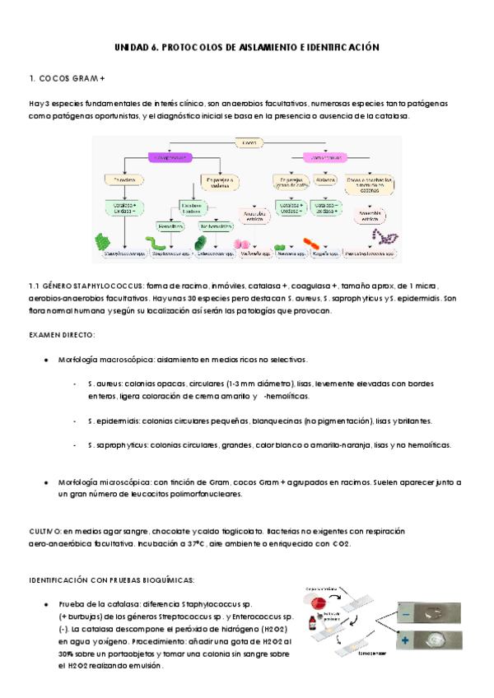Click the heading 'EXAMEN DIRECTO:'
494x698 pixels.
point(63,336)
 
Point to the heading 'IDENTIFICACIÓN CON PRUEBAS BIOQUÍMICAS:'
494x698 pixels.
point(111,579)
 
